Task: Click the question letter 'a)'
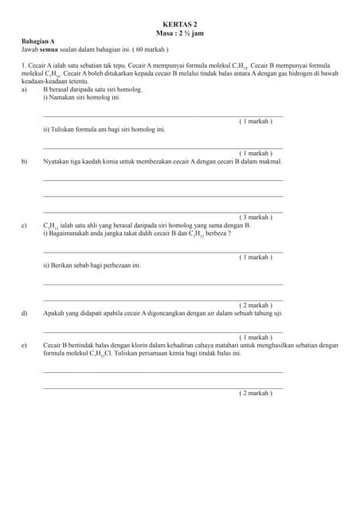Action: coord(25,89)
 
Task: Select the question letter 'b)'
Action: coord(25,161)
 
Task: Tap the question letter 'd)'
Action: coord(25,313)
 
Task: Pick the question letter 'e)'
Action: coord(25,345)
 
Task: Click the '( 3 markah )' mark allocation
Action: coord(256,217)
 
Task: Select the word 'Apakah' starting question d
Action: coord(54,313)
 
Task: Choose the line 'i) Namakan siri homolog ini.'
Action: coord(81,97)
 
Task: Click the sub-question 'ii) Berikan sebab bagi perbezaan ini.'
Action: coord(92,265)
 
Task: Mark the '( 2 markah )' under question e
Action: coord(256,393)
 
